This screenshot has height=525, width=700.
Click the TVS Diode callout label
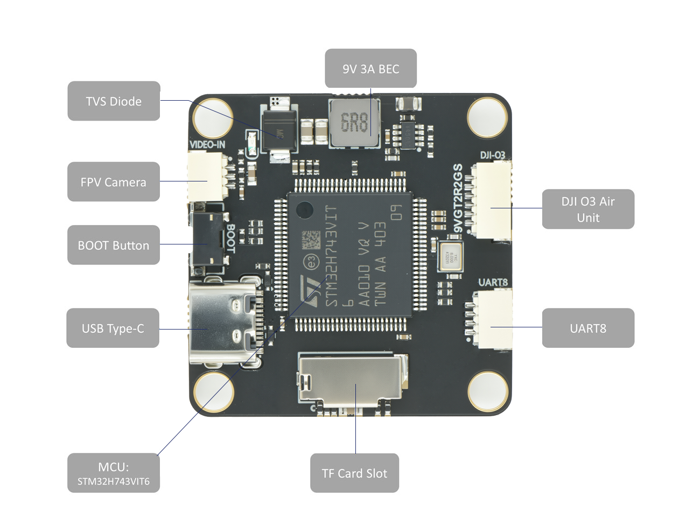[114, 101]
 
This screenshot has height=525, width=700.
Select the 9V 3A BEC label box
[370, 68]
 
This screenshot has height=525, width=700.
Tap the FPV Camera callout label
[114, 182]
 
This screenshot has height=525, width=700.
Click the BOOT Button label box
[114, 245]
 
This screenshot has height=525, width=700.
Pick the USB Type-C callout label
[113, 328]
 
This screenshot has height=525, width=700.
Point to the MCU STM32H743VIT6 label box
[114, 473]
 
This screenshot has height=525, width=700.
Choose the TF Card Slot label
[354, 473]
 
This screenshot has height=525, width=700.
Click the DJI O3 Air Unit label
[588, 209]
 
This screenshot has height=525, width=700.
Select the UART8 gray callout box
[588, 328]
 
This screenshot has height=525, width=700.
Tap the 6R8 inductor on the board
[354, 123]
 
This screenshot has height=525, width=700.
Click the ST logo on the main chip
[311, 291]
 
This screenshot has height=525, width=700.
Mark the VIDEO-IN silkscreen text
[207, 144]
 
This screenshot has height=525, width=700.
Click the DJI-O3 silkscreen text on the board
[492, 156]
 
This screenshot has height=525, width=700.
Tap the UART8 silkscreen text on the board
[493, 282]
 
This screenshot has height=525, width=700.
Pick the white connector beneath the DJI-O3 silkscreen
[492, 200]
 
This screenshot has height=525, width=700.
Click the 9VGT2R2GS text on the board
[458, 198]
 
